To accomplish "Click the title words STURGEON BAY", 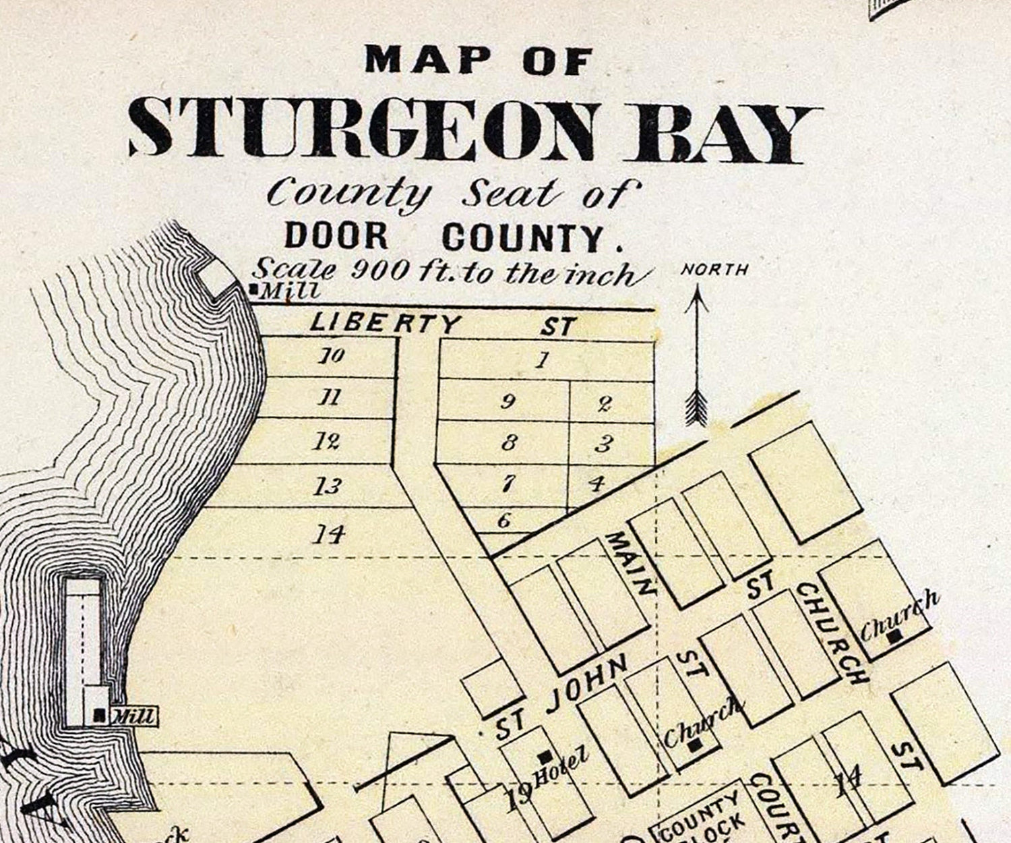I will click(475, 132).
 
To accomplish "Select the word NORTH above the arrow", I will click(714, 270).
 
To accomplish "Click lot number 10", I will click(332, 355).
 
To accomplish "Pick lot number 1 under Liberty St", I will click(541, 360).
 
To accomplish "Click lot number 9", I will click(508, 402).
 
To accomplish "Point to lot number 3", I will click(604, 444).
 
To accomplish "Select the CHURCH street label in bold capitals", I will click(830, 633).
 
